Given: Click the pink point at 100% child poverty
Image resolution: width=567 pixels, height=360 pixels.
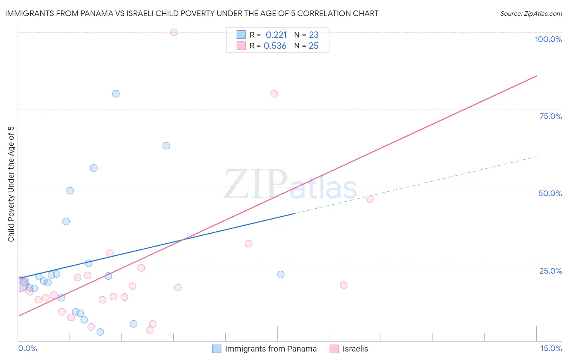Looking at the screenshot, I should tap(174, 32).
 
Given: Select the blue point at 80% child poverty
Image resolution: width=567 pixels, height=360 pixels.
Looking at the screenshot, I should tap(116, 94).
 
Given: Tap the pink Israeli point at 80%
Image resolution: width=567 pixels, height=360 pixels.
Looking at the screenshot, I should tap(274, 94).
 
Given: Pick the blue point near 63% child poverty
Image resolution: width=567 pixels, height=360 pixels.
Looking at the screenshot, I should tap(166, 146).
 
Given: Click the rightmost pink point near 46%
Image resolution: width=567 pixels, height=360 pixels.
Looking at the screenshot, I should tap(370, 199).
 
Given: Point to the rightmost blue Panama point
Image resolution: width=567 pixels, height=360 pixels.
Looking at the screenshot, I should tap(281, 274).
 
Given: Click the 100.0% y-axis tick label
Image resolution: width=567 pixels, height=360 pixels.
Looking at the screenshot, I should tap(548, 39).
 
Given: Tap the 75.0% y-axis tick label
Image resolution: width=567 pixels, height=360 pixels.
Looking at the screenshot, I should tap(550, 116).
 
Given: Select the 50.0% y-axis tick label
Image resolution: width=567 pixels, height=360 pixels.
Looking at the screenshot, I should tap(550, 193).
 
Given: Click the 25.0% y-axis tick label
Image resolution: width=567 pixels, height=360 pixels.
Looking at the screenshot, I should tap(550, 271).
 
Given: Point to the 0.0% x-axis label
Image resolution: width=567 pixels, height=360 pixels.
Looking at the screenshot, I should tap(27, 348).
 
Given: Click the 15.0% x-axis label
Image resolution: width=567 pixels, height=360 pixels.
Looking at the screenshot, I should tap(551, 348).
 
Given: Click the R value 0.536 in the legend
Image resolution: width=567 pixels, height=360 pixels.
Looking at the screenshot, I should tap(275, 46).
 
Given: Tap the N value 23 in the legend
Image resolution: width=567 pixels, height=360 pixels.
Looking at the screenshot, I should tap(314, 35).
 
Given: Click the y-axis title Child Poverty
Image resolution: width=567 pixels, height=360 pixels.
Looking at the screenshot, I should tap(11, 184).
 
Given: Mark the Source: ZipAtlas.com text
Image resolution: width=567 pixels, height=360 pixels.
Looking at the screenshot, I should tap(531, 14).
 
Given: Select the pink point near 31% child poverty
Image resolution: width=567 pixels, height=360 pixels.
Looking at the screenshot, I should tap(248, 244).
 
